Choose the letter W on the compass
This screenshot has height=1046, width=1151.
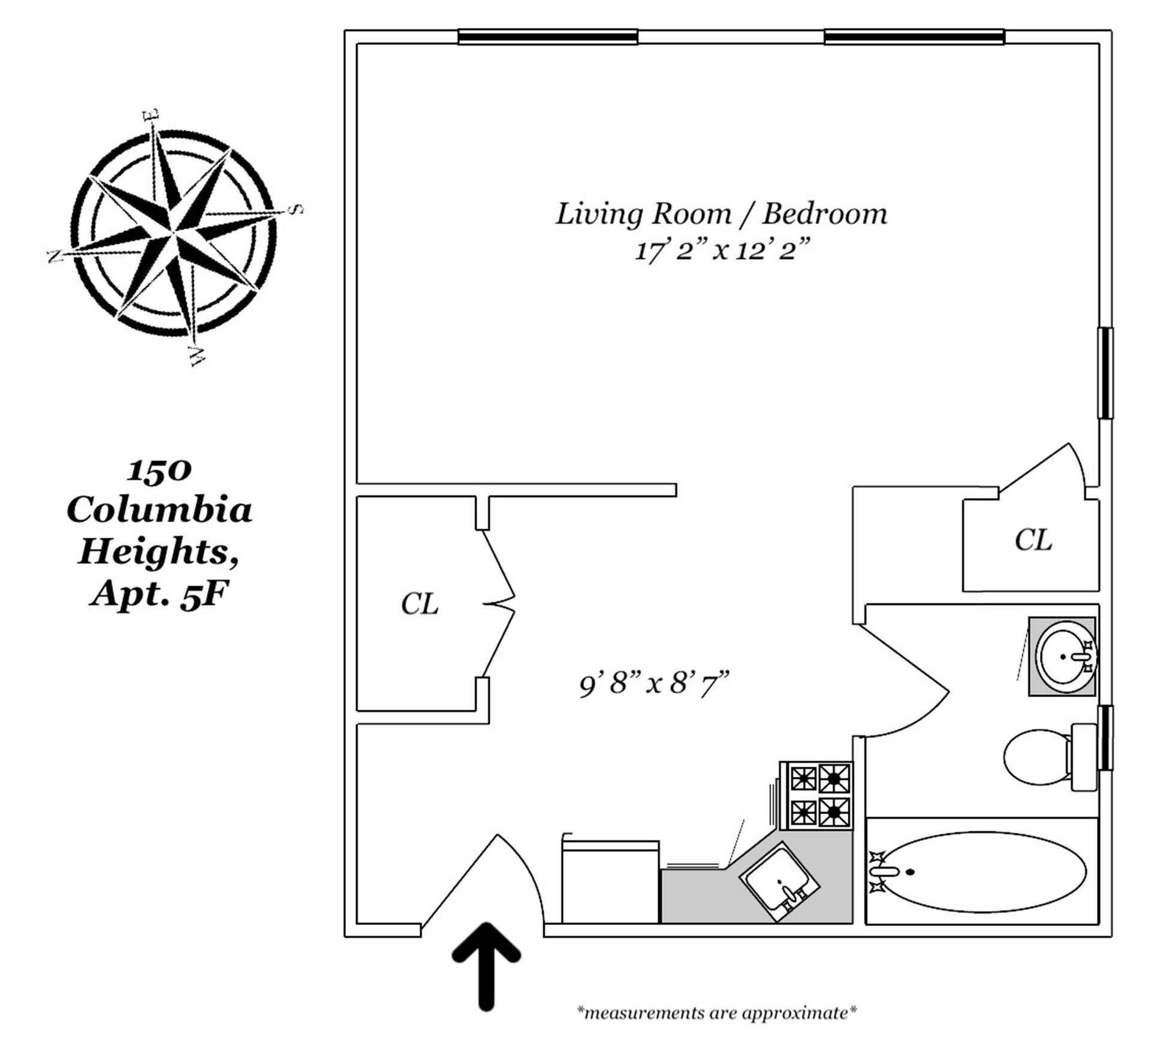click(x=196, y=356)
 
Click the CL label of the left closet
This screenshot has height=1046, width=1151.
click(x=420, y=604)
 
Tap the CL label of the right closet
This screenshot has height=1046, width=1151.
click(x=1033, y=539)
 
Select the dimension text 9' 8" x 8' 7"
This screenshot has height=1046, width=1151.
click(x=654, y=683)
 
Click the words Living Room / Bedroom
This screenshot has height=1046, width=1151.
click(x=721, y=214)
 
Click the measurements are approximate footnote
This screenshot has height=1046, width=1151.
click(x=716, y=1013)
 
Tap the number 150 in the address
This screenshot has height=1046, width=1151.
click(x=159, y=471)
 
